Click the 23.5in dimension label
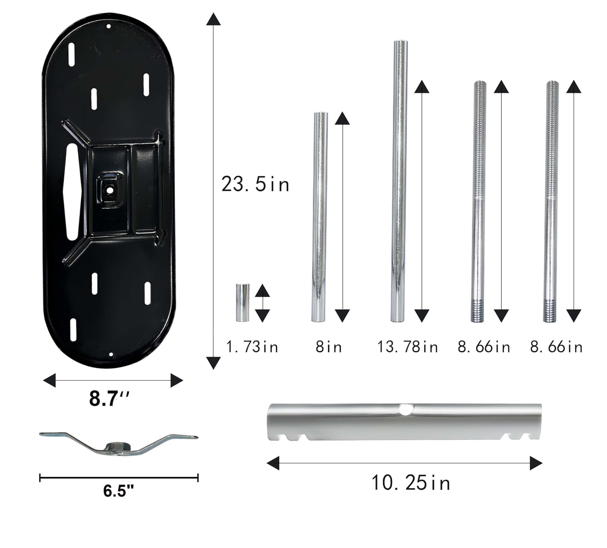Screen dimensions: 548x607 pyautogui.click(x=255, y=184)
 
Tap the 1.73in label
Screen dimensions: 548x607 pyautogui.click(x=252, y=347)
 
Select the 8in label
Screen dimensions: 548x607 pyautogui.click(x=329, y=347)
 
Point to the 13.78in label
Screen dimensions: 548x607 pyautogui.click(x=408, y=347)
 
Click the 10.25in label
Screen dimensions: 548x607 pyautogui.click(x=411, y=483)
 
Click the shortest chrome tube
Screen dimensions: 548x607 pyautogui.click(x=242, y=302)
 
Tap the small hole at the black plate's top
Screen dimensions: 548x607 pyautogui.click(x=109, y=27)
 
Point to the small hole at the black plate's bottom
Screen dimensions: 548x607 pyautogui.click(x=111, y=355)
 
